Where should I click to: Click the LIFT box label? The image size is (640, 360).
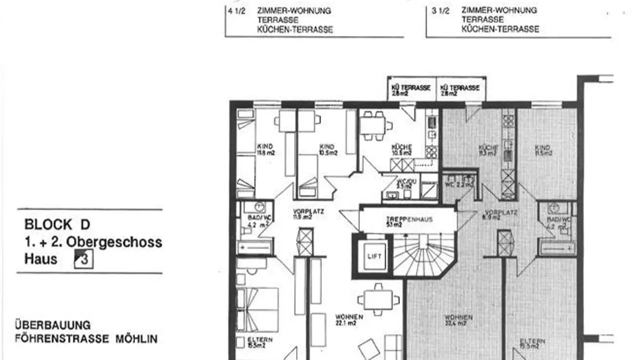tap(374, 256)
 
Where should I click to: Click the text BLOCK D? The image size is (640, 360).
tap(57, 224)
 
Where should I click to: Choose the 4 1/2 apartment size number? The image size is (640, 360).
tap(236, 11)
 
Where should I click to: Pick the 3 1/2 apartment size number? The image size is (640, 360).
tap(440, 11)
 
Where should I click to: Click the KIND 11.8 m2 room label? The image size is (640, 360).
tap(266, 149)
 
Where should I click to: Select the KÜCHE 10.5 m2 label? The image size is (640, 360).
tap(401, 149)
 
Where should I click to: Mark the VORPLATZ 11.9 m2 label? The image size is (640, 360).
tap(308, 214)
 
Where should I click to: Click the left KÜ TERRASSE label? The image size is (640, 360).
tap(411, 90)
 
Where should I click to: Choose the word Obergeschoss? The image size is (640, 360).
tap(114, 243)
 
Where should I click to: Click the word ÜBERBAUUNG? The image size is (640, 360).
tap(53, 325)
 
